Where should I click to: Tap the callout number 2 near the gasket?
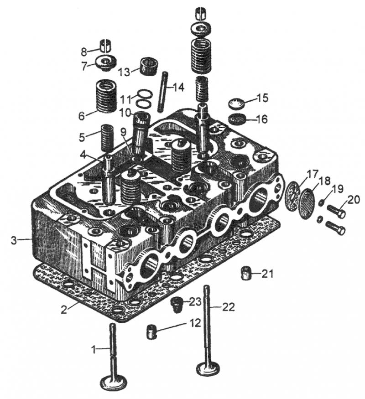pos(64,309)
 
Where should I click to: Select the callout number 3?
pos(16,240)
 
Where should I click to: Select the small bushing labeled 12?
pos(152,332)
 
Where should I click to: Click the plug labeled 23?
pos(176,304)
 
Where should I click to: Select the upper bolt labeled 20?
pos(336,211)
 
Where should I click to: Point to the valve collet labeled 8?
pos(108,46)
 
